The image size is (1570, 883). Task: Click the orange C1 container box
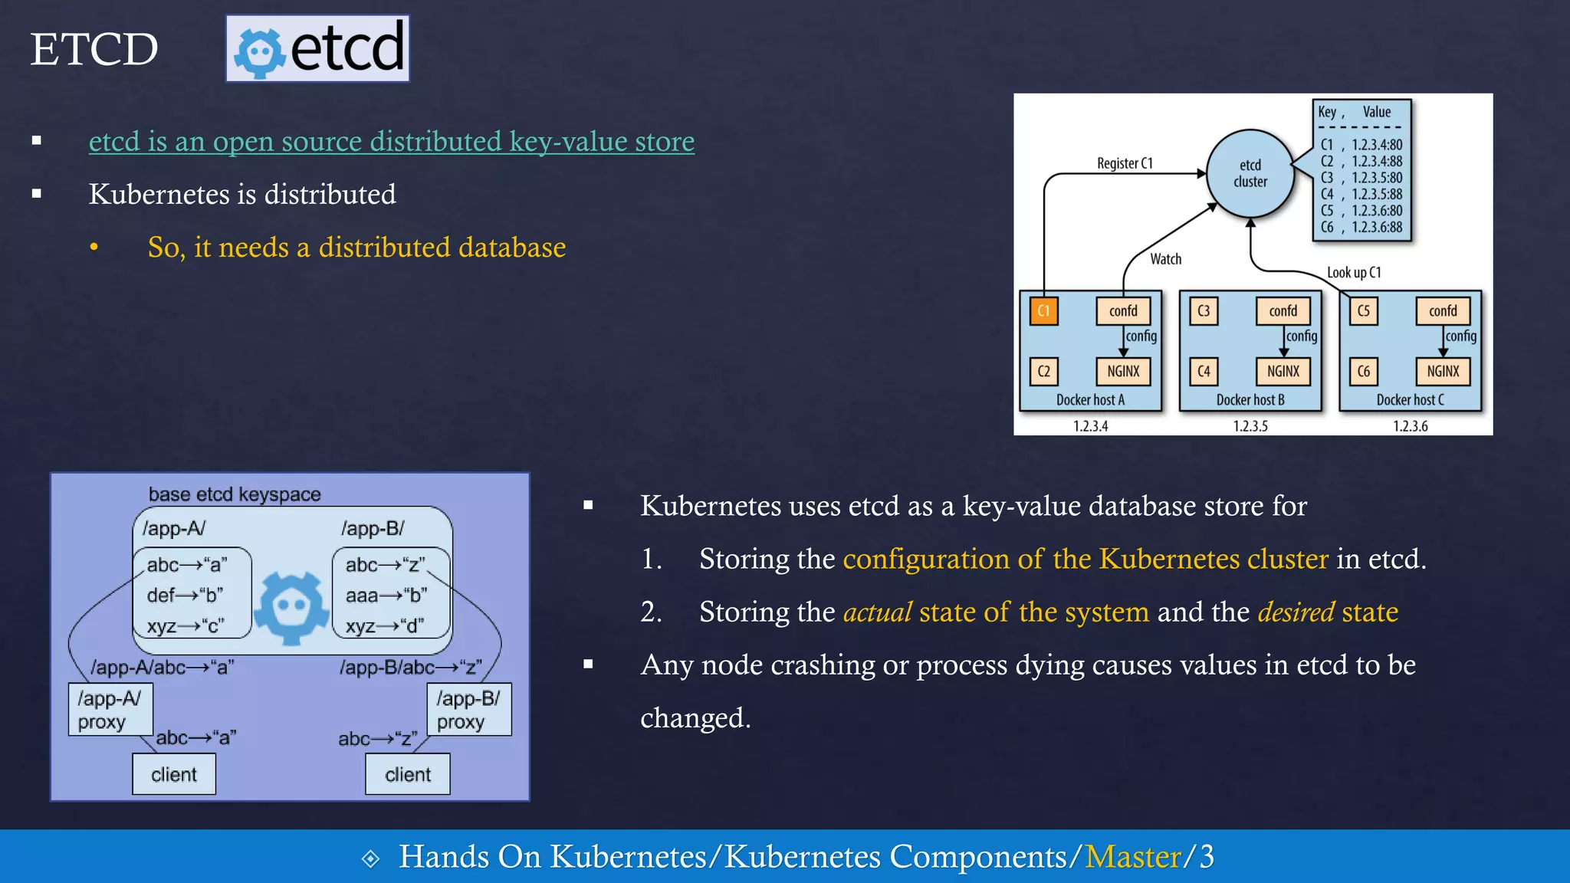coord(1043,310)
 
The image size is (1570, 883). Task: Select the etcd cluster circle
coord(1250,174)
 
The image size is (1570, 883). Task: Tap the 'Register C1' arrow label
coord(1125,163)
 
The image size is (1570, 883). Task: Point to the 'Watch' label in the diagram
coord(1165,259)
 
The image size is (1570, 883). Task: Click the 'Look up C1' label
coord(1354,272)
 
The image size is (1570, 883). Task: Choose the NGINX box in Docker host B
coord(1283,371)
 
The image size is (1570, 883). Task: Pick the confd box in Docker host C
coord(1443,310)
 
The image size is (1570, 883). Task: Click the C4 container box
coord(1204,371)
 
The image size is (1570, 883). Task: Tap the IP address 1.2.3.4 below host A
coord(1090,426)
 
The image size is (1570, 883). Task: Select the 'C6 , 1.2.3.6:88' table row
coord(1361,227)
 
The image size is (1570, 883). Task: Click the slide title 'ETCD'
coord(94,49)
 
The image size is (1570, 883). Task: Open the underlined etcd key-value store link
coord(391,141)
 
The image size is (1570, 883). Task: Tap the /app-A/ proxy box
coord(110,710)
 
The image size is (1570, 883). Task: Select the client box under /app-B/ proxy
coord(407,774)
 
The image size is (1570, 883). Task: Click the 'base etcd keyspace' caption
coord(235,494)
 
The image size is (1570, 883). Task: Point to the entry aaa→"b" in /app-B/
coord(386,595)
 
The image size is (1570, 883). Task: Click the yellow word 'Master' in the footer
coord(1132,857)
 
